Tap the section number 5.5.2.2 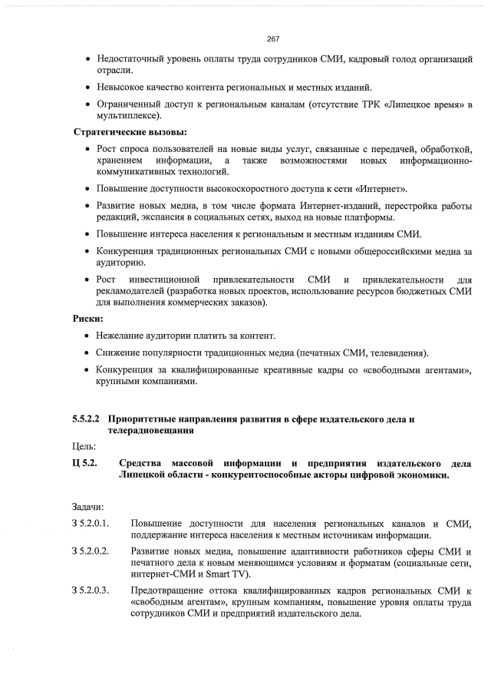pos(87,419)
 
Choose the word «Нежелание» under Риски pos(121,336)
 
